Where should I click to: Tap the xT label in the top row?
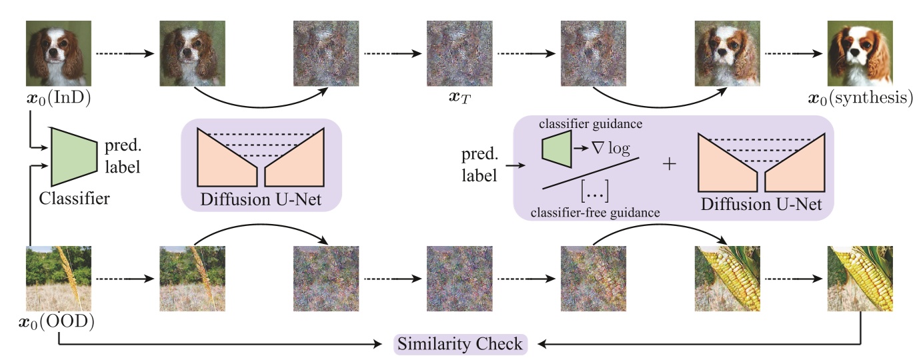[x=459, y=100]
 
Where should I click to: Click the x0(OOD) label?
[x=57, y=324]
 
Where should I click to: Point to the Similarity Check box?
[x=459, y=345]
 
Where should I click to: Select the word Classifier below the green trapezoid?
[x=74, y=197]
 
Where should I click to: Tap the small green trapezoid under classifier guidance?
[x=556, y=147]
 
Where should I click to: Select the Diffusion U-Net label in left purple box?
[x=261, y=199]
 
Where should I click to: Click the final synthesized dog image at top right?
[x=860, y=53]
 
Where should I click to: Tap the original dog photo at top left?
[x=59, y=53]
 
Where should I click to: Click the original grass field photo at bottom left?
[x=59, y=279]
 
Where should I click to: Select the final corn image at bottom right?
[x=860, y=279]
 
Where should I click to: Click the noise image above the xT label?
[x=459, y=53]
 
